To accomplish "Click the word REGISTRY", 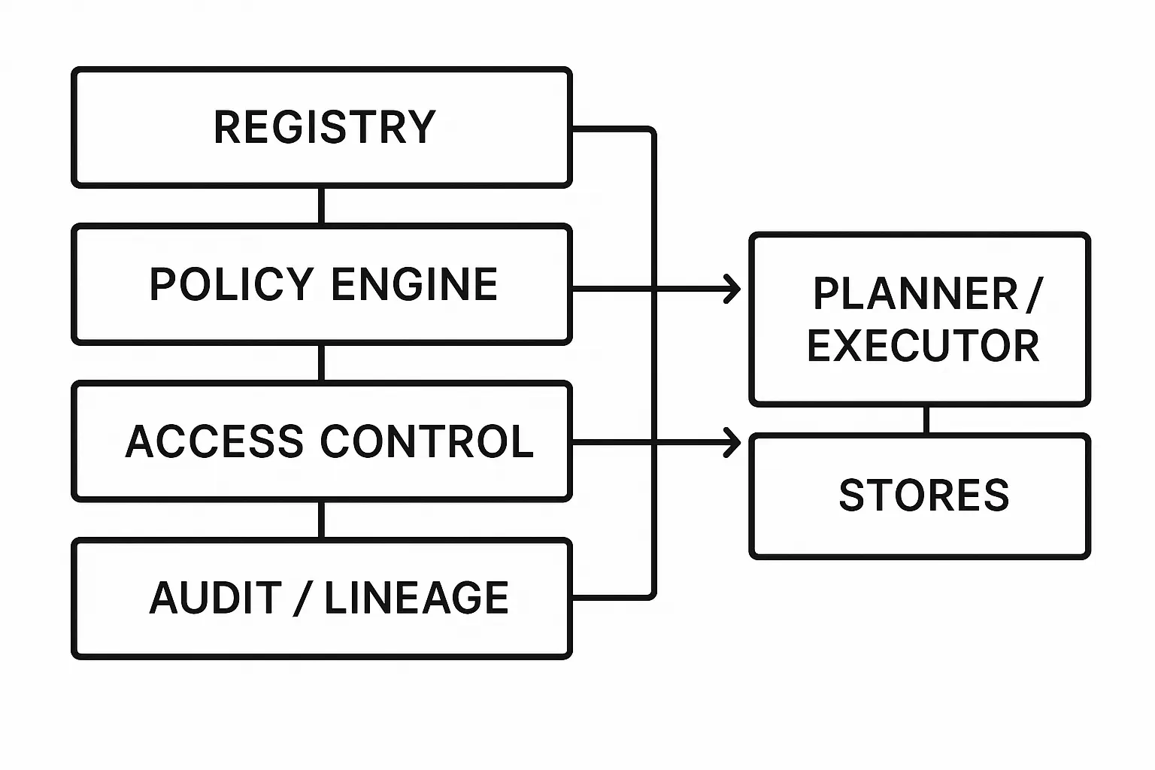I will (x=325, y=127).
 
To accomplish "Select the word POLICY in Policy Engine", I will (x=231, y=284).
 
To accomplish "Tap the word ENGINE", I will (x=414, y=284).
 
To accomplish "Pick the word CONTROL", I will (x=426, y=441).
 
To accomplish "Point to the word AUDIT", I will (x=215, y=599).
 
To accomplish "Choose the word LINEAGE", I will (x=416, y=599).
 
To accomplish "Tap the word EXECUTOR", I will (x=923, y=346).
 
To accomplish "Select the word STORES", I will (x=923, y=496).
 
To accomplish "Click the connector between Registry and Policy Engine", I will (x=321, y=205).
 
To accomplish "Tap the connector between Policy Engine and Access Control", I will (x=321, y=363).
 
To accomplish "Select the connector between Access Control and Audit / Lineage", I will (x=321, y=520).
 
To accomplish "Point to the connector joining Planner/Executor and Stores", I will (x=926, y=420).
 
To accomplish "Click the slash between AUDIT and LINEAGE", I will (x=302, y=599).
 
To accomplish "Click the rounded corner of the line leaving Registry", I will (x=651, y=133).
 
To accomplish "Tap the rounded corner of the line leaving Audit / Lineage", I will (x=651, y=594).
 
